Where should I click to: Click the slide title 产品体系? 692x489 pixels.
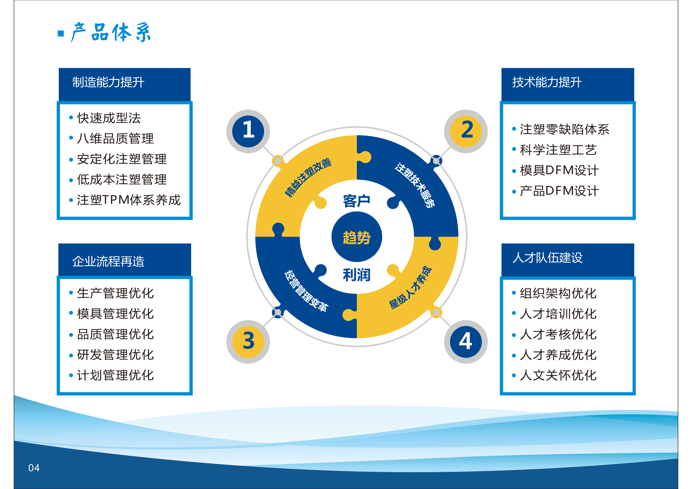point(111,32)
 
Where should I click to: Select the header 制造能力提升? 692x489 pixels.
point(108,82)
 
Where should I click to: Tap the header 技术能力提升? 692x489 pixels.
point(547,82)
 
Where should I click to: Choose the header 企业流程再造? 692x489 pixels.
point(108,261)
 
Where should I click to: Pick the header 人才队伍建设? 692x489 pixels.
point(547,258)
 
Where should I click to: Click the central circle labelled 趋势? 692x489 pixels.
point(357,237)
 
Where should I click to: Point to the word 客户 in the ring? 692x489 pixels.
point(357,201)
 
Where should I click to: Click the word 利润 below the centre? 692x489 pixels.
point(357,275)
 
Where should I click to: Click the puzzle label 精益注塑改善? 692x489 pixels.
point(308,178)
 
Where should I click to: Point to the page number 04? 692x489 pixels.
point(34,468)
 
